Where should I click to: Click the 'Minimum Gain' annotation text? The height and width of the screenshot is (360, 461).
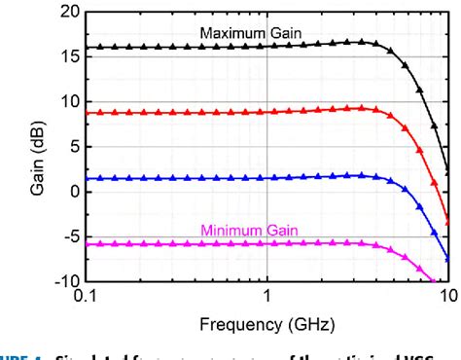coord(250,231)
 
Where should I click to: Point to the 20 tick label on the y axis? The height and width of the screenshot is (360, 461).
coord(69,13)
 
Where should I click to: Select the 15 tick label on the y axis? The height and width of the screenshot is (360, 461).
coord(69,57)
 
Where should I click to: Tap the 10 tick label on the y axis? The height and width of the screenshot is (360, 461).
coord(69,102)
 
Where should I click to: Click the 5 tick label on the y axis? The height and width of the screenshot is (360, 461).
coord(74,147)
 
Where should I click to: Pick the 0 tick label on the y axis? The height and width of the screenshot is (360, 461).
coord(74,192)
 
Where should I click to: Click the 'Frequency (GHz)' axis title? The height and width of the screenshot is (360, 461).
coord(267,324)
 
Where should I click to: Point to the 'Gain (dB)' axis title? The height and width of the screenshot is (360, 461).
coord(39,147)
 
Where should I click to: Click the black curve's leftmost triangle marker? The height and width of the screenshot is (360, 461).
coord(90,47)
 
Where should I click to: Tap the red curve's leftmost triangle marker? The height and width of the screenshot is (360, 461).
coord(90,113)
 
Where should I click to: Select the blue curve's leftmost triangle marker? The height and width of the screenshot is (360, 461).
coord(90,178)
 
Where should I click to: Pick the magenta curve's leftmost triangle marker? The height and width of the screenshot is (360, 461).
coord(90,244)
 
